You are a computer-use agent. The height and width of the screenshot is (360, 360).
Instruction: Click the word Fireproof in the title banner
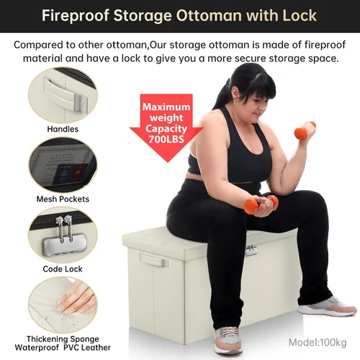(76, 16)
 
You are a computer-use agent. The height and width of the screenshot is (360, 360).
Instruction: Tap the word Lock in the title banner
(300, 15)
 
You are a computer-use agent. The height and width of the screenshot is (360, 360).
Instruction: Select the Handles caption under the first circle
(63, 129)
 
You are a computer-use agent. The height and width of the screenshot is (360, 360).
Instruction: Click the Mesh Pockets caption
(63, 199)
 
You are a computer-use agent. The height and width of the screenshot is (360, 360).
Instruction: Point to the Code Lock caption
(63, 269)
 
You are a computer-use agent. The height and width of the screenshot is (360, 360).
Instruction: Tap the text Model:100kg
(318, 343)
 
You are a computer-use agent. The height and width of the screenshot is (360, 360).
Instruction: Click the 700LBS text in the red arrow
(166, 139)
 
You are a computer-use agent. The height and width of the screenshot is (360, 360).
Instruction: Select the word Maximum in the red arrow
(166, 107)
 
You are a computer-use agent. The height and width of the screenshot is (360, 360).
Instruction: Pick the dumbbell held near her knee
(261, 204)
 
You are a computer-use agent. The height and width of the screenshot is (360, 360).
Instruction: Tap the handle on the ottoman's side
(153, 260)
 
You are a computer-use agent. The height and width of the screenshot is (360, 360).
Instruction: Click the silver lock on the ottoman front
(251, 251)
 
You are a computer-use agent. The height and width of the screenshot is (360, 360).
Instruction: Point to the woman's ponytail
(222, 94)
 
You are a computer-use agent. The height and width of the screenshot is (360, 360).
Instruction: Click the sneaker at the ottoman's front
(228, 340)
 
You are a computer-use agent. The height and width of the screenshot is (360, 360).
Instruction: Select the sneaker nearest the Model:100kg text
(327, 307)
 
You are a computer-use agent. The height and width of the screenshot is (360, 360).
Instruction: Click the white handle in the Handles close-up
(66, 94)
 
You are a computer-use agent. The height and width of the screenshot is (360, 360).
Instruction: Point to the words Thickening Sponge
(63, 339)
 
